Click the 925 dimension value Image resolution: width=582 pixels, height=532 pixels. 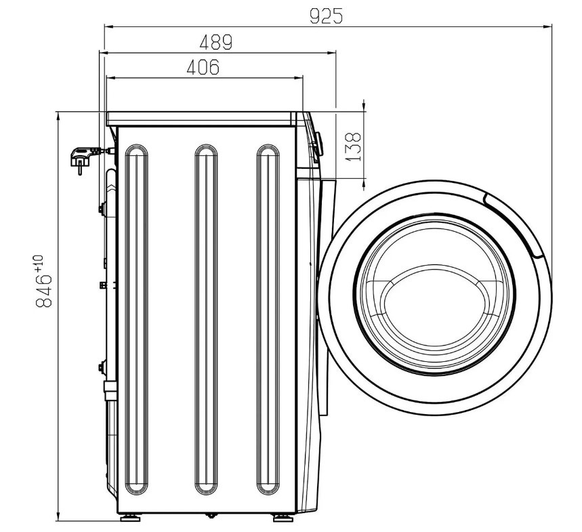pyautogui.click(x=327, y=17)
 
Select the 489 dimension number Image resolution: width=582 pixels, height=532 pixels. pyautogui.click(x=216, y=42)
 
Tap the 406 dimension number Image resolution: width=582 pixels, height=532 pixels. pyautogui.click(x=203, y=67)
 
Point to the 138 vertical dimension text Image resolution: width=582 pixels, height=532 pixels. pyautogui.click(x=353, y=146)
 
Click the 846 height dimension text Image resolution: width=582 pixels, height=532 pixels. pyautogui.click(x=43, y=291)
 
